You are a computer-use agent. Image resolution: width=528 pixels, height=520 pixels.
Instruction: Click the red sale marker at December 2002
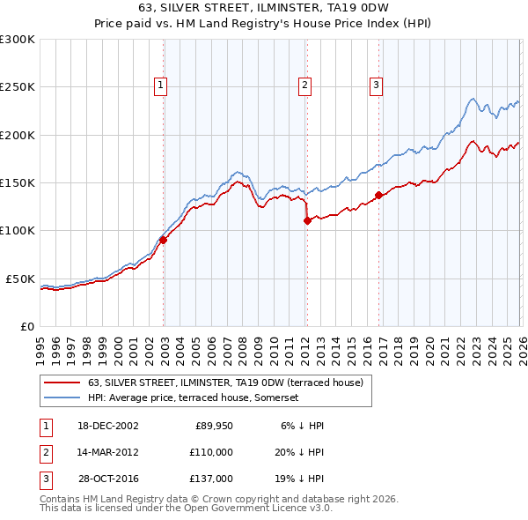pos(164,240)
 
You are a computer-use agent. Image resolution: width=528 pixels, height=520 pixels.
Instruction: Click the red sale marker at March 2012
pos(307,221)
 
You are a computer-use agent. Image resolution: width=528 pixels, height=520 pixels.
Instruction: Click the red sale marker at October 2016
pos(378,195)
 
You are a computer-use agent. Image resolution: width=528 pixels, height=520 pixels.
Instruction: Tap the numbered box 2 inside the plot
pos(304,85)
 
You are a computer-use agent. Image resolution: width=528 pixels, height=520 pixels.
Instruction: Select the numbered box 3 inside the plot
pos(376,85)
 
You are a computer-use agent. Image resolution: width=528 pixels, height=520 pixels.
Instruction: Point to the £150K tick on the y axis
pos(18,183)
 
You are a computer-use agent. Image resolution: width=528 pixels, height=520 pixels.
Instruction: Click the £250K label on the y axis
pos(18,87)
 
